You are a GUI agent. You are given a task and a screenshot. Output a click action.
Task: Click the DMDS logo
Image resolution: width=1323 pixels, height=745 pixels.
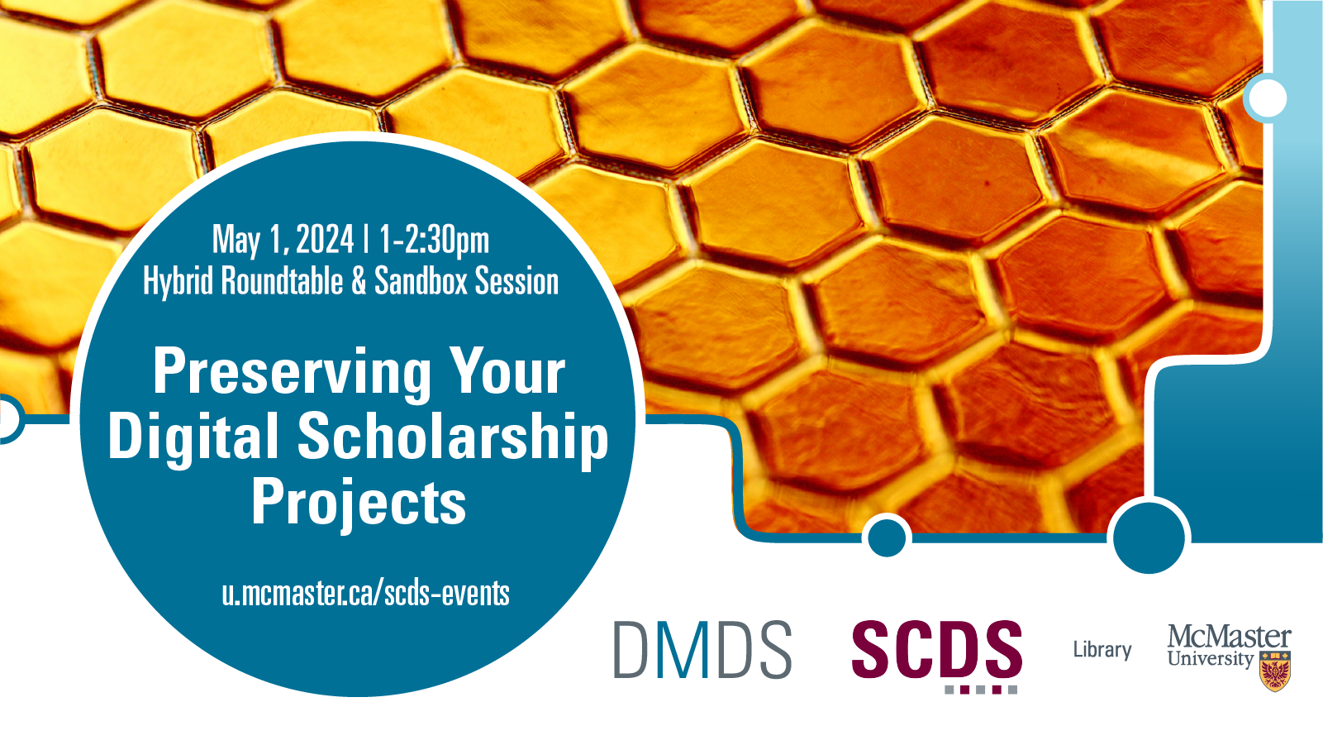[x=703, y=649]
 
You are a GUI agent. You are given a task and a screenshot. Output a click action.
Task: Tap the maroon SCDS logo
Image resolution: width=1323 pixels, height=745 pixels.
[x=937, y=656]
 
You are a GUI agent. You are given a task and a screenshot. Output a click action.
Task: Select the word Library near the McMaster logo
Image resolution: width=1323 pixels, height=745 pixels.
[x=1102, y=650]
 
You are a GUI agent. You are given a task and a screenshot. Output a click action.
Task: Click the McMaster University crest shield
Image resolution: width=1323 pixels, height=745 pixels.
[x=1275, y=671]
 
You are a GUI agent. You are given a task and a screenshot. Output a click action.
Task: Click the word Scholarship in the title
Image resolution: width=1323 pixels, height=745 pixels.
[x=452, y=437]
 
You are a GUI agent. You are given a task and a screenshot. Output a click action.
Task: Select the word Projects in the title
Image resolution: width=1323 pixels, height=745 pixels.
[x=359, y=502]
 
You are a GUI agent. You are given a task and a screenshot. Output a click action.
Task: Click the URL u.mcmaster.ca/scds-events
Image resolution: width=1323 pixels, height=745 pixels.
[x=365, y=594]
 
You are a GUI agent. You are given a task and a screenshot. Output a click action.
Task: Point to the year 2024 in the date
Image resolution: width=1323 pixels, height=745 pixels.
[x=324, y=239]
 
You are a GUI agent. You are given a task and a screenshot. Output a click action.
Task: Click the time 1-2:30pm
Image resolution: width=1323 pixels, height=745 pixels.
[x=434, y=241]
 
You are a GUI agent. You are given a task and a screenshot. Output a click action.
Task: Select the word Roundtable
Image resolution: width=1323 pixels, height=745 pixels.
[x=283, y=280]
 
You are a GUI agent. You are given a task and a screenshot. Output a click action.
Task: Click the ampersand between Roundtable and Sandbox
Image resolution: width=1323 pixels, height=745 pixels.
[x=359, y=281]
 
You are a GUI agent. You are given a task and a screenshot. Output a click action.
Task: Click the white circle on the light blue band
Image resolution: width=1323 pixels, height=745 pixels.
[x=1268, y=98]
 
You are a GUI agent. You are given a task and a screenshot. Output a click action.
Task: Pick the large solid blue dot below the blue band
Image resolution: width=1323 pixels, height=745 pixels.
[x=1149, y=537]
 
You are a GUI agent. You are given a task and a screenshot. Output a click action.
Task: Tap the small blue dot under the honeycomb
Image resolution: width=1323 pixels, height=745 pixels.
[x=887, y=537]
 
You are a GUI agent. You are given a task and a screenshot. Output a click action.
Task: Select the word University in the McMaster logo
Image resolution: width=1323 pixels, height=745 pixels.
[x=1210, y=658]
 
